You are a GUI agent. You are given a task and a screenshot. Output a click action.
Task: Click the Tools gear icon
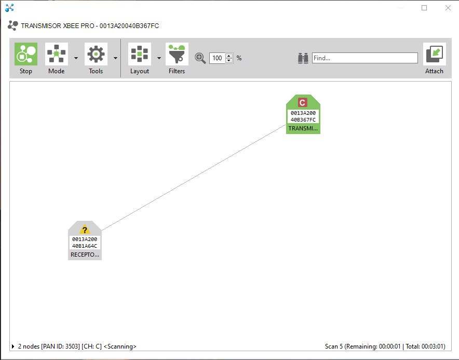pos(96,54)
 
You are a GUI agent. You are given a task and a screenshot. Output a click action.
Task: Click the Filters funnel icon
pos(177,54)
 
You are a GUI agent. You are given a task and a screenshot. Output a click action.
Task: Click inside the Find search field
pos(365,58)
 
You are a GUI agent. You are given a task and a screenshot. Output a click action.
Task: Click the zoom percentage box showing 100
pos(218,58)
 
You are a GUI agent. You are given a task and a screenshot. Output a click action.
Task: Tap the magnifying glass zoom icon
pos(200,58)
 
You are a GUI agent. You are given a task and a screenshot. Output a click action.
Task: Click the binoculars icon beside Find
pos(303,58)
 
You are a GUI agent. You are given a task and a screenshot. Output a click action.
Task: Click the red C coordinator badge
pos(302,102)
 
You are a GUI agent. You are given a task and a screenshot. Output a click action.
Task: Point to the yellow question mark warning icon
pos(85,229)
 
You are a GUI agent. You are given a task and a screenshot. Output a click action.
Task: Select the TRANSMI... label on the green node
pos(303,128)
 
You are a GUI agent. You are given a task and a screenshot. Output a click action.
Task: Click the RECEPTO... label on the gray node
pos(85,255)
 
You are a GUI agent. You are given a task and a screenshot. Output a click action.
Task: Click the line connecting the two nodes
pos(194,178)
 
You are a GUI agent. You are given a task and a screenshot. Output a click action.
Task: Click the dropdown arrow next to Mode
pos(76,58)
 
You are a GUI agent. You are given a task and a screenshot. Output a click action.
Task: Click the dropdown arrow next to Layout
pos(159,58)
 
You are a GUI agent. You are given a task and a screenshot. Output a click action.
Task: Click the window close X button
pos(448,8)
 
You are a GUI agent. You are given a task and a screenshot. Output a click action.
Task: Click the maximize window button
pos(424,8)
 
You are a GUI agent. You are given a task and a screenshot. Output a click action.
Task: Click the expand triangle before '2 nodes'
pos(13,346)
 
